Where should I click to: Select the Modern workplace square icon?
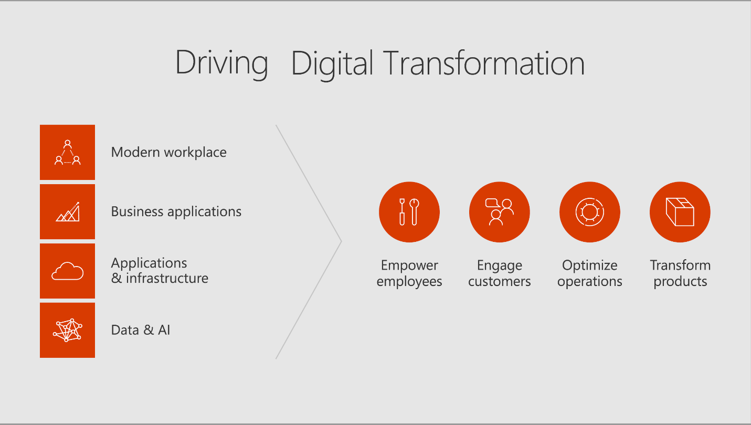(67, 153)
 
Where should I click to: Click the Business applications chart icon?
(67, 212)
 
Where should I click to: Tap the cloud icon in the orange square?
(67, 271)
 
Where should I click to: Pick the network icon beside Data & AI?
(67, 331)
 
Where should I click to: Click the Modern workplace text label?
(168, 153)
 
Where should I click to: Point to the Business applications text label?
(176, 212)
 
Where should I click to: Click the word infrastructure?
(167, 278)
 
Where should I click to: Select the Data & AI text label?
(141, 330)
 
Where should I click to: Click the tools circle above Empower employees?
(409, 212)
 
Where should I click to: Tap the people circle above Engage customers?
(499, 212)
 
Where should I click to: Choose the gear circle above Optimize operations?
(590, 212)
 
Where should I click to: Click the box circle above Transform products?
(680, 212)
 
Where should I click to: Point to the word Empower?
(409, 266)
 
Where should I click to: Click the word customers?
(499, 282)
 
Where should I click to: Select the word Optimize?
(590, 266)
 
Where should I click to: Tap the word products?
(680, 282)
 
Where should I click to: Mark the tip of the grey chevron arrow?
(341, 241)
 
